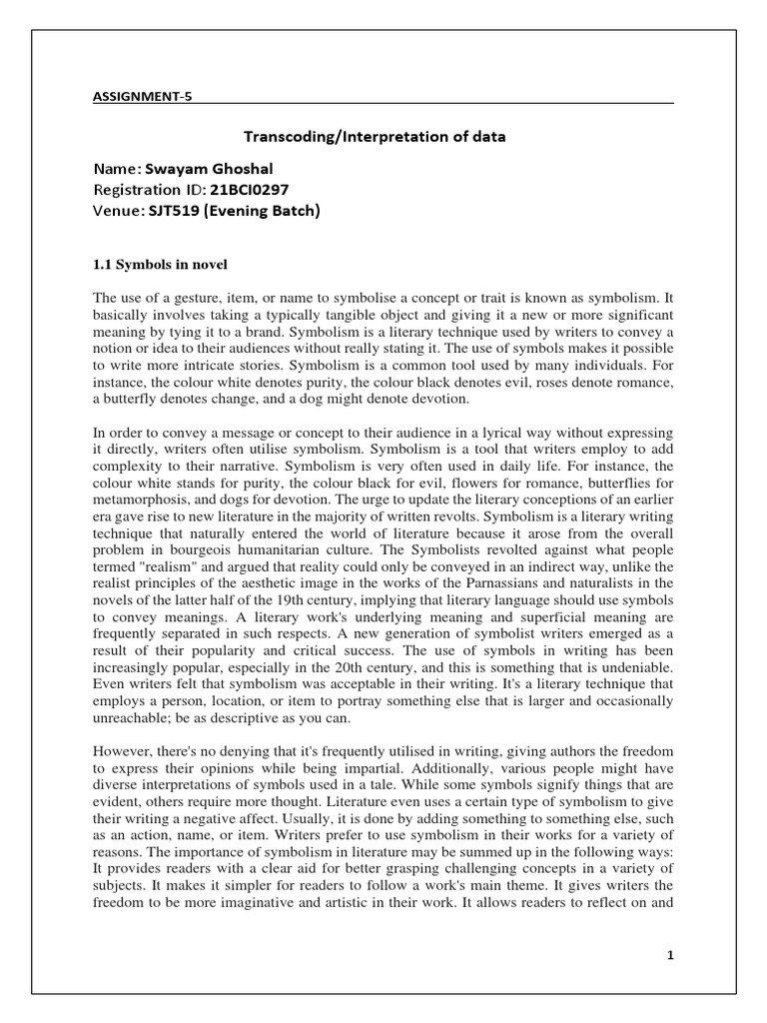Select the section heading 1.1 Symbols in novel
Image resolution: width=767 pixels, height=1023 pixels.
pyautogui.click(x=160, y=265)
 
